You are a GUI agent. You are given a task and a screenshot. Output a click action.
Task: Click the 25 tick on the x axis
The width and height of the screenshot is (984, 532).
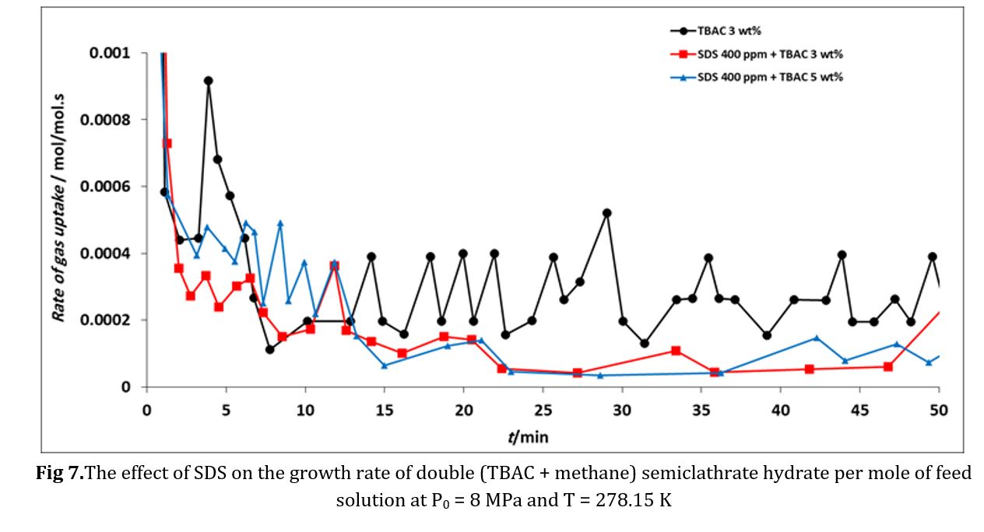click(543, 410)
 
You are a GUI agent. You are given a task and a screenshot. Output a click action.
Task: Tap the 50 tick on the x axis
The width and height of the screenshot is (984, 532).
click(939, 410)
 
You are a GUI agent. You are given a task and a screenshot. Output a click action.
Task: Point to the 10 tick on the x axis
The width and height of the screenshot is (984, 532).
click(305, 410)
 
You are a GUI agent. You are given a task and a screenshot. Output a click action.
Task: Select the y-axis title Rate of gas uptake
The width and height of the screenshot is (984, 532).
click(58, 206)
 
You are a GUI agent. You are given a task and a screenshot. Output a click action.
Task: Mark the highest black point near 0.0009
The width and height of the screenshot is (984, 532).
click(209, 81)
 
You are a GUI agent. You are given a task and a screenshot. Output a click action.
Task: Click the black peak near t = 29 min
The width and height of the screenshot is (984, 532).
click(607, 213)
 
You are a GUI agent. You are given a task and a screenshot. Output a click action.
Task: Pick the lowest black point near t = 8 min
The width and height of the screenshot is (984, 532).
click(269, 349)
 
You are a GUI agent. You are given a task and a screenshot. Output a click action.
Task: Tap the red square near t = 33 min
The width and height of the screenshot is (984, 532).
click(676, 351)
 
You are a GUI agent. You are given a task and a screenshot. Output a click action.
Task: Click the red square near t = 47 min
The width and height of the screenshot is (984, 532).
click(888, 366)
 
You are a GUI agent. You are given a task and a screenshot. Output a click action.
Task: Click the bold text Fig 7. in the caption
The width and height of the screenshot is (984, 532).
click(60, 473)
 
